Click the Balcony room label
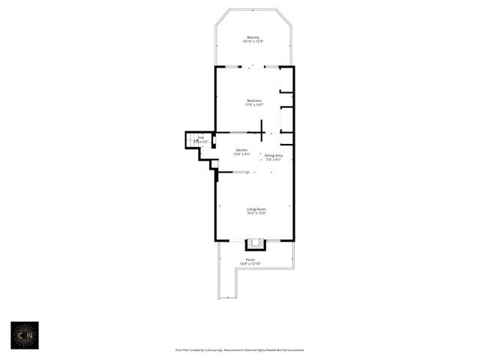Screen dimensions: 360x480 [x=253, y=37]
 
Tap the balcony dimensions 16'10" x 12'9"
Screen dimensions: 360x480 [x=253, y=42]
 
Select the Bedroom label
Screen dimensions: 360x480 [x=254, y=100]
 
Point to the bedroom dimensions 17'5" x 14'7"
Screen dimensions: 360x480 [x=254, y=105]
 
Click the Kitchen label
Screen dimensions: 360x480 [x=241, y=150]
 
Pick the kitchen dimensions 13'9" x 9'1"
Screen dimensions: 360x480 [x=241, y=154]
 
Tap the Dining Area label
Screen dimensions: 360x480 [x=274, y=155]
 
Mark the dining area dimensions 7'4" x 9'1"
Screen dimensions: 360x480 [x=274, y=160]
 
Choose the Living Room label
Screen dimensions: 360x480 [x=256, y=209]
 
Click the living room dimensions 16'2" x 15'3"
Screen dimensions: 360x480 [x=256, y=214]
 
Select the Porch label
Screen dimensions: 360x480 [x=250, y=259]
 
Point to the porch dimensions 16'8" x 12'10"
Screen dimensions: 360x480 [x=250, y=264]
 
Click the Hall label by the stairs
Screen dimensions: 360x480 [x=201, y=137]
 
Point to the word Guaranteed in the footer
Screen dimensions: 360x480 [x=293, y=349]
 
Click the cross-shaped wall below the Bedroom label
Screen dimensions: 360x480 [x=261, y=132]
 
